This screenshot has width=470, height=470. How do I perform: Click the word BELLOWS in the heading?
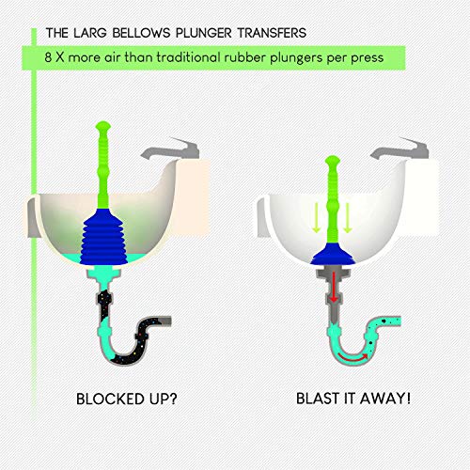[141, 33]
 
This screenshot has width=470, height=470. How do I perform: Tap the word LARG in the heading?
[90, 33]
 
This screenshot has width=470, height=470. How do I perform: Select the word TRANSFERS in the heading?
[272, 33]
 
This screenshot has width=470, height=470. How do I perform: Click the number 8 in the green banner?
[48, 57]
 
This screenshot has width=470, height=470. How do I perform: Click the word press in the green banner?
[368, 59]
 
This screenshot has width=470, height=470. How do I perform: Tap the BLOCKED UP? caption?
[127, 399]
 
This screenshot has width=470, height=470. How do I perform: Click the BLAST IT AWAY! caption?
[353, 399]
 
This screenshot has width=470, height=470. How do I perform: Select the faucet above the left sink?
[171, 149]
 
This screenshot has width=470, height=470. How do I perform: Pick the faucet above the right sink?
[400, 149]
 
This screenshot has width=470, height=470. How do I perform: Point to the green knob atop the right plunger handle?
[333, 161]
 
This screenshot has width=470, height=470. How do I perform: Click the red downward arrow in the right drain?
[334, 287]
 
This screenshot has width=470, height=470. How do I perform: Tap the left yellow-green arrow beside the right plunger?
[316, 217]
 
